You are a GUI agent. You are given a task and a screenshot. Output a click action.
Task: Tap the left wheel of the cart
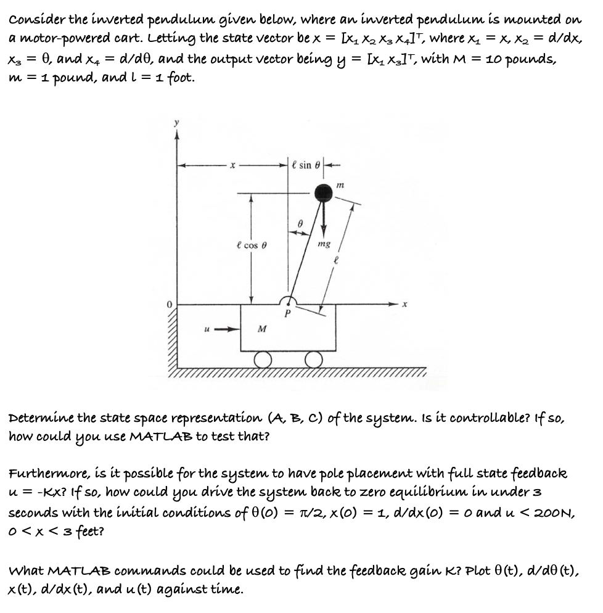(263, 359)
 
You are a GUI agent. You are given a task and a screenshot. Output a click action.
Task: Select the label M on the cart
(262, 329)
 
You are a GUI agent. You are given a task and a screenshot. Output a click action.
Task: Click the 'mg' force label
(324, 244)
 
